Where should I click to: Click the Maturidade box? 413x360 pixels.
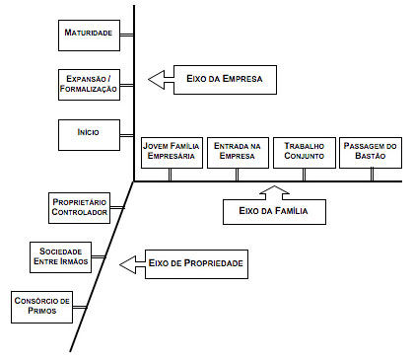point(88,34)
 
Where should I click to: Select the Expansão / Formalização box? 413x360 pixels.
point(88,83)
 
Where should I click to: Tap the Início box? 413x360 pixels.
point(88,130)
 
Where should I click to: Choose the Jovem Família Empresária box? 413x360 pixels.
point(170,151)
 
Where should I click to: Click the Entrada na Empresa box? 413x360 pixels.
point(236,151)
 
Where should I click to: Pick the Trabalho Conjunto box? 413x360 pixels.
point(302,151)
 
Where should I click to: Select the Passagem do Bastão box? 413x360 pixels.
point(369,151)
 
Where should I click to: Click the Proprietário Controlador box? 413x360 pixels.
point(78,207)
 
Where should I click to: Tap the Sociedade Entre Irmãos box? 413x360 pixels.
point(60,256)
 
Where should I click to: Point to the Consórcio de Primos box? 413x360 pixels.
point(42,305)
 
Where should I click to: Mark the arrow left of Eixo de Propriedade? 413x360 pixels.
point(131,264)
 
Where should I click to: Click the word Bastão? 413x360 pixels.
point(369,157)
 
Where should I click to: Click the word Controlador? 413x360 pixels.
point(78,213)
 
